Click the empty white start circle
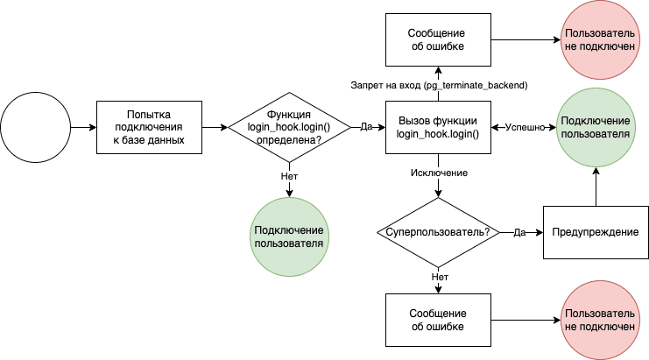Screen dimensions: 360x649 [35, 127]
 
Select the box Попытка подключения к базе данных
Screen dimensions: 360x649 [149, 127]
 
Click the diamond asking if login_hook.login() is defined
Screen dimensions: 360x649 [290, 127]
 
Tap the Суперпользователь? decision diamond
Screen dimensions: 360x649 [438, 232]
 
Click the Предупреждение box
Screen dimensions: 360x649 [596, 232]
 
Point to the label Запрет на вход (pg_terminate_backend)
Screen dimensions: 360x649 [438, 84]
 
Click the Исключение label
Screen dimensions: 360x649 [438, 173]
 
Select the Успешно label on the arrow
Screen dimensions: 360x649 [524, 127]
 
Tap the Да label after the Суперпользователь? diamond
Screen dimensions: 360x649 [518, 232]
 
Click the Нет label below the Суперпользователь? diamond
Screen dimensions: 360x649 [438, 277]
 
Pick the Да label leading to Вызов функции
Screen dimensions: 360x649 [366, 127]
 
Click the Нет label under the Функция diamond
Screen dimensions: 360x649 [290, 175]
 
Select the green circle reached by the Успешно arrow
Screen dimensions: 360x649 [596, 127]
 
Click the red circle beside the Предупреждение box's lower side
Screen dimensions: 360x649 [596, 320]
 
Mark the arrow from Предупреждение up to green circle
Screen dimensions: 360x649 [596, 188]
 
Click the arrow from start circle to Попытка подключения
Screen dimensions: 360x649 [83, 127]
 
